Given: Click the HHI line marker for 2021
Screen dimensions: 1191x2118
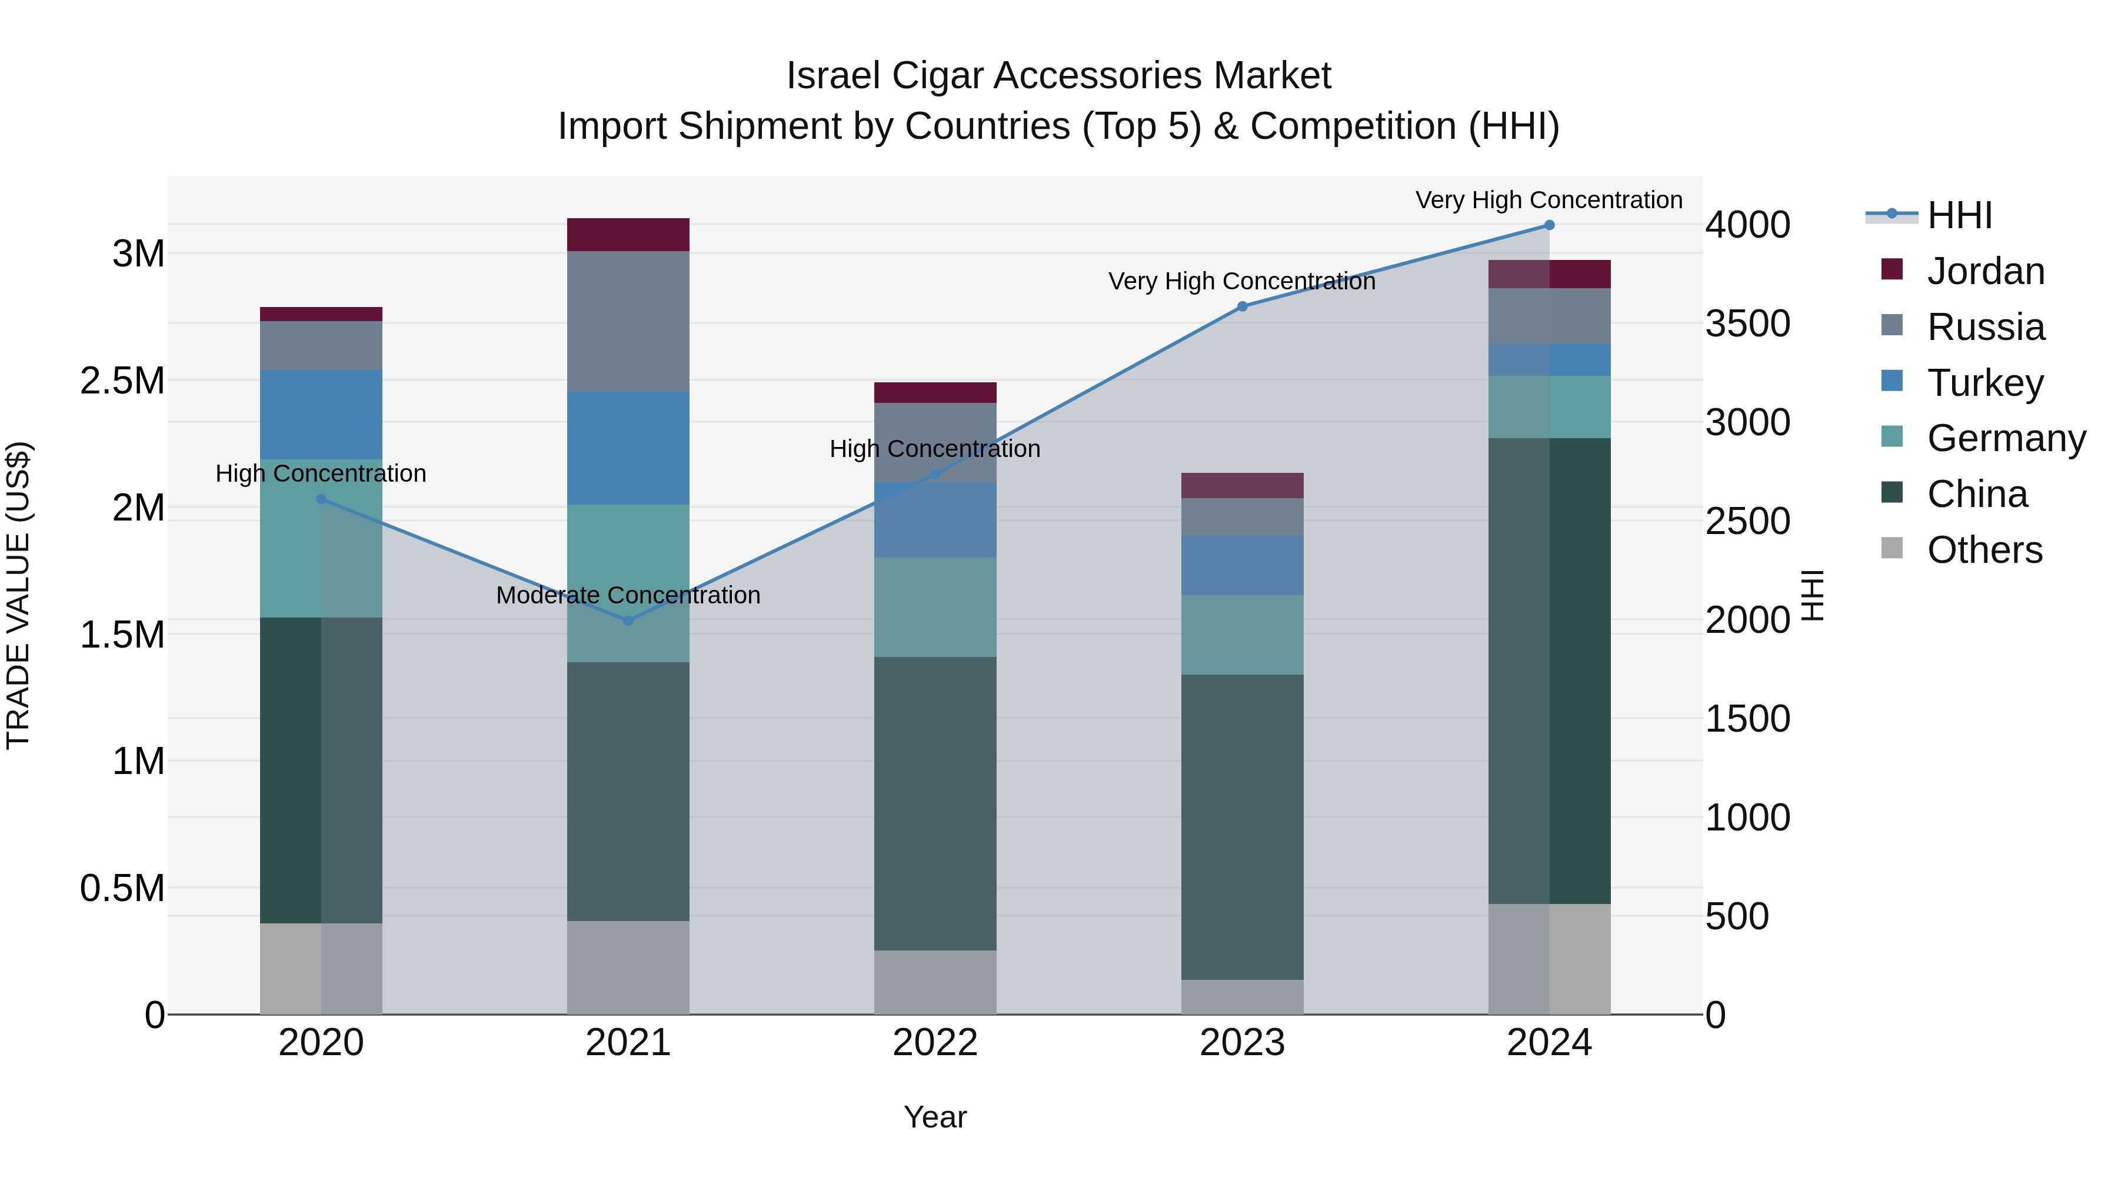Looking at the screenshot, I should pyautogui.click(x=628, y=620).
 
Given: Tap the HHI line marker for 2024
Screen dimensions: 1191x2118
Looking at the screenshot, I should pyautogui.click(x=1549, y=225).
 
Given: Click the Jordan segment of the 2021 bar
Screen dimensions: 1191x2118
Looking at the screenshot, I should pyautogui.click(x=628, y=235).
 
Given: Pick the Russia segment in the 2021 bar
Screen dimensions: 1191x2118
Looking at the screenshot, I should pyautogui.click(x=628, y=321).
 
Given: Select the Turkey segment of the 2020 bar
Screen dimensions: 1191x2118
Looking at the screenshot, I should pyautogui.click(x=321, y=414).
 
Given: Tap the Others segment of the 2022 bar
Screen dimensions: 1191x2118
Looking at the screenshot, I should pyautogui.click(x=935, y=982).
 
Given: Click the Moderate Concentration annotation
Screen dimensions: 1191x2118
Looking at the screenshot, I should pyautogui.click(x=628, y=595).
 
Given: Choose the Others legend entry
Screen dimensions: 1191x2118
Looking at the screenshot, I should pyautogui.click(x=1984, y=550).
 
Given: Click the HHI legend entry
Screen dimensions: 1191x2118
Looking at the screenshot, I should pyautogui.click(x=1959, y=215).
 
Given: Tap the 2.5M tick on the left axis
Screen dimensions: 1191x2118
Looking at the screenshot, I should pyautogui.click(x=122, y=381).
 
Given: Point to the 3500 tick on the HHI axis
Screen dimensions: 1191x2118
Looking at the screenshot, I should pyautogui.click(x=1747, y=324).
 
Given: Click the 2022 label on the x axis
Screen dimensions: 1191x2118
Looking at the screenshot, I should pyautogui.click(x=935, y=1043).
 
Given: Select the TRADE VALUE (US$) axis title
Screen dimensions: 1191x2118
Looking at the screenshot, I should pyautogui.click(x=18, y=595).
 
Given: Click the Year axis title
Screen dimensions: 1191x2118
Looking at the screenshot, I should pyautogui.click(x=935, y=1117).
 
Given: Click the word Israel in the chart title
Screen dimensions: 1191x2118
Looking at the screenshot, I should pyautogui.click(x=834, y=76).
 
